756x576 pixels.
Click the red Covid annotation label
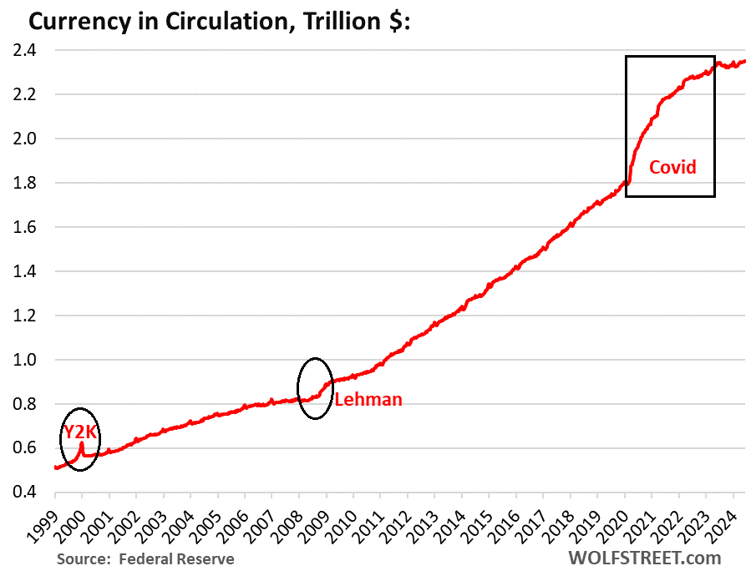(673, 167)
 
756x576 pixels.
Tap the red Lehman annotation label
(368, 400)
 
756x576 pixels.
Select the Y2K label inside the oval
(80, 434)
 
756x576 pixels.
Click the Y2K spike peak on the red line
(82, 443)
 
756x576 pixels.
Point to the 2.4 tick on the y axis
(31, 50)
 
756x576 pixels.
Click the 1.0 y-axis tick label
(31, 360)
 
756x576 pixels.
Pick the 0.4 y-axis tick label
(31, 493)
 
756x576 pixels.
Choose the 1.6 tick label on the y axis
(31, 227)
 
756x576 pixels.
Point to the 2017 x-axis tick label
(535, 524)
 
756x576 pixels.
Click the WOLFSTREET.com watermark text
(657, 558)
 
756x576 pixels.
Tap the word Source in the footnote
(83, 558)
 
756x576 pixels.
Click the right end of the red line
(745, 61)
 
